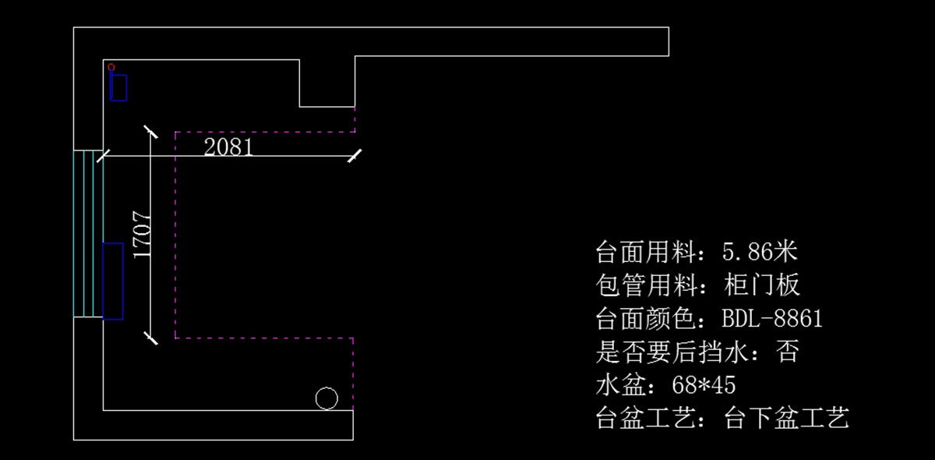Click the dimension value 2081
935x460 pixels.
pyautogui.click(x=228, y=147)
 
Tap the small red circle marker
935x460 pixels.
pyautogui.click(x=111, y=67)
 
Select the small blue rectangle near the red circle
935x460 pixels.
pyautogui.click(x=118, y=87)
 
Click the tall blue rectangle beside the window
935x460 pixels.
pyautogui.click(x=113, y=281)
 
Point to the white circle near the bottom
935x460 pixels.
pyautogui.click(x=326, y=398)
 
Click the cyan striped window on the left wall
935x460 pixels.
pyautogui.click(x=88, y=233)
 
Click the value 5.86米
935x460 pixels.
pyautogui.click(x=760, y=252)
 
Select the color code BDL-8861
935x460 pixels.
pyautogui.click(x=772, y=319)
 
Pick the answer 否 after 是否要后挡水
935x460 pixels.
pyautogui.click(x=788, y=352)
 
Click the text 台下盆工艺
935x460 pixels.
pyautogui.click(x=786, y=419)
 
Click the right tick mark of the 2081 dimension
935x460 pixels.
pyautogui.click(x=355, y=156)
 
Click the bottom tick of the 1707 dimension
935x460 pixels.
pyautogui.click(x=150, y=337)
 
